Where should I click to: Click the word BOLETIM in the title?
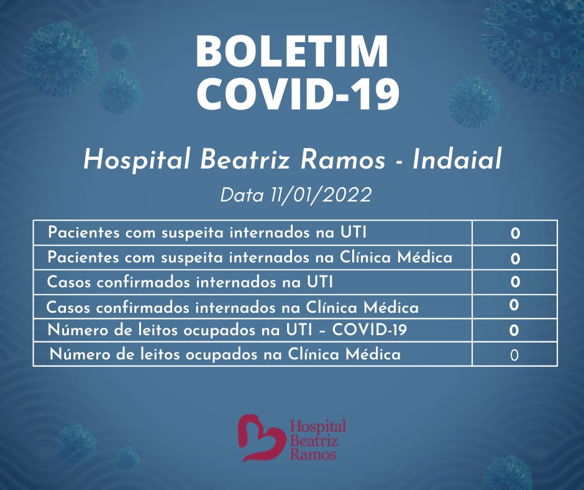click(292, 52)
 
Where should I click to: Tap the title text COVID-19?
click(297, 93)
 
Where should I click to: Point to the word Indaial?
click(457, 159)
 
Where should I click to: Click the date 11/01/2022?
click(321, 195)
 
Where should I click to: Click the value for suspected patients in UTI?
click(515, 234)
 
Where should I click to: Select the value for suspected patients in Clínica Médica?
click(515, 259)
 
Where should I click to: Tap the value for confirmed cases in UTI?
click(515, 282)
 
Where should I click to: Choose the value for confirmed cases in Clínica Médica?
click(514, 305)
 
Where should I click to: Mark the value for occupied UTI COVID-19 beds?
click(514, 330)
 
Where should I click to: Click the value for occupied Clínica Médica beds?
click(514, 356)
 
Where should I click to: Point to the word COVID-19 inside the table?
click(369, 330)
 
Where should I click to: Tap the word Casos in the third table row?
click(69, 282)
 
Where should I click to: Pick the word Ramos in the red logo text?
click(313, 455)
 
